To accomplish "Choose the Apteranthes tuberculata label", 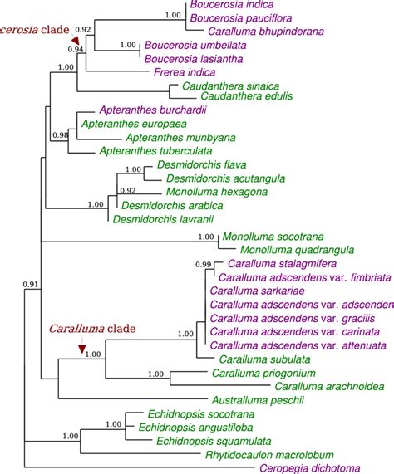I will pos(149,152).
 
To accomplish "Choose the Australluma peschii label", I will pos(257,400).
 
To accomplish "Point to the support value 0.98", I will pos(59,135).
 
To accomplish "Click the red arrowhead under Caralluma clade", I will pos(81,349).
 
